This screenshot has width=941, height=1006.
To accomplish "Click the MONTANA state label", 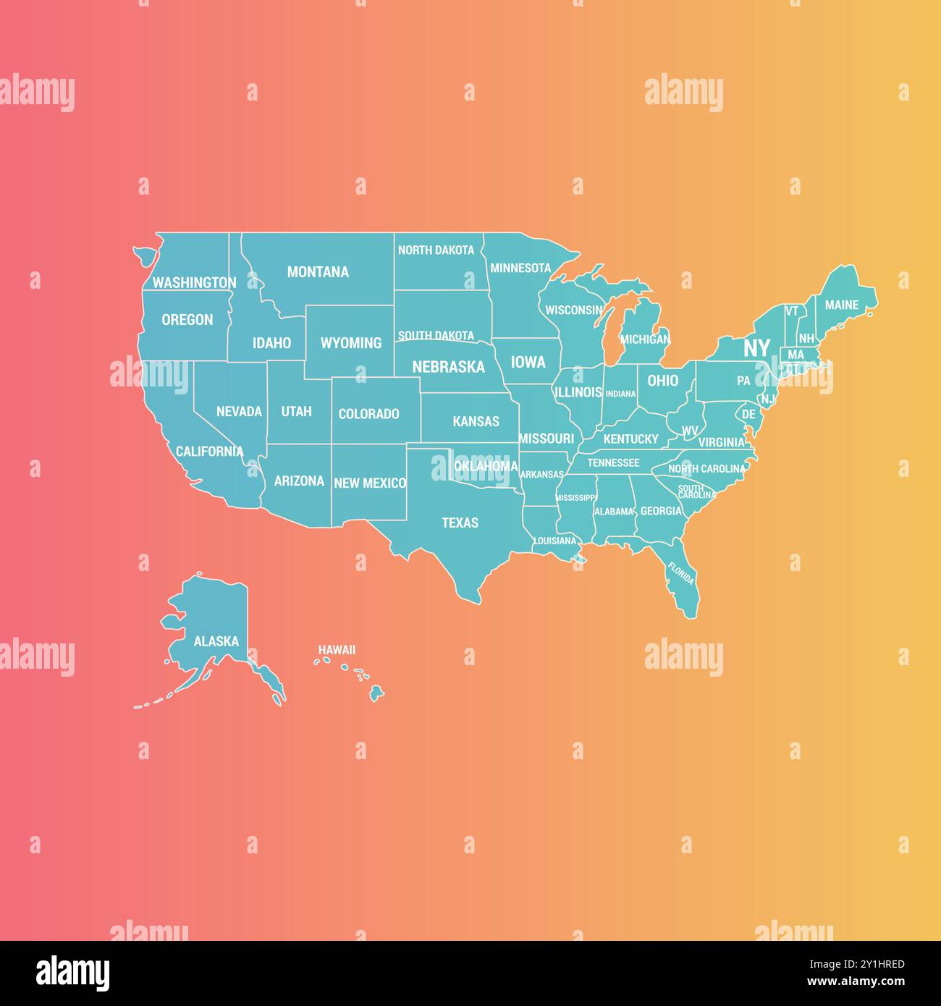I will tap(318, 272).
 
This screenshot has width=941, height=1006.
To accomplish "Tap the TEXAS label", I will tap(460, 523).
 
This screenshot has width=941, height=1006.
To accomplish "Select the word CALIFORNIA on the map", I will tap(209, 452).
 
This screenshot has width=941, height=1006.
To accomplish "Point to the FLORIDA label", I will tap(681, 573).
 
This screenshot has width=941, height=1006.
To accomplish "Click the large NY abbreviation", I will tap(756, 348).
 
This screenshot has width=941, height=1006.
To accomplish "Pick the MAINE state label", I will tap(842, 305).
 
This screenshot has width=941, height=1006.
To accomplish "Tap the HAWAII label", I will tap(337, 650).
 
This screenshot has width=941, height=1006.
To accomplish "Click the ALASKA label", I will tap(216, 641).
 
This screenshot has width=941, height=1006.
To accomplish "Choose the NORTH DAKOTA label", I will tap(436, 250).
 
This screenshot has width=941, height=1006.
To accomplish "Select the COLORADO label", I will tap(369, 414).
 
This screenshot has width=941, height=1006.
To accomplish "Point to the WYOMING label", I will tap(351, 343).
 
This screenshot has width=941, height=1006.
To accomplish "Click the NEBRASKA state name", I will tap(448, 367).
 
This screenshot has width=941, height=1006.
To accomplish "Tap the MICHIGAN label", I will tap(645, 339).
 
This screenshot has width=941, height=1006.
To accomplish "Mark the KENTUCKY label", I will tap(630, 439).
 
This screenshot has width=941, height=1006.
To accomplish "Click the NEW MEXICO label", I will tap(370, 483).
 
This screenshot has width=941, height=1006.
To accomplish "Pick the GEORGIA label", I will tap(661, 511).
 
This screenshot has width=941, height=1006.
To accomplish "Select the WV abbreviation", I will tap(690, 431).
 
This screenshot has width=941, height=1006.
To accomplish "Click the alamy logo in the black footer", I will tap(73, 973).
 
